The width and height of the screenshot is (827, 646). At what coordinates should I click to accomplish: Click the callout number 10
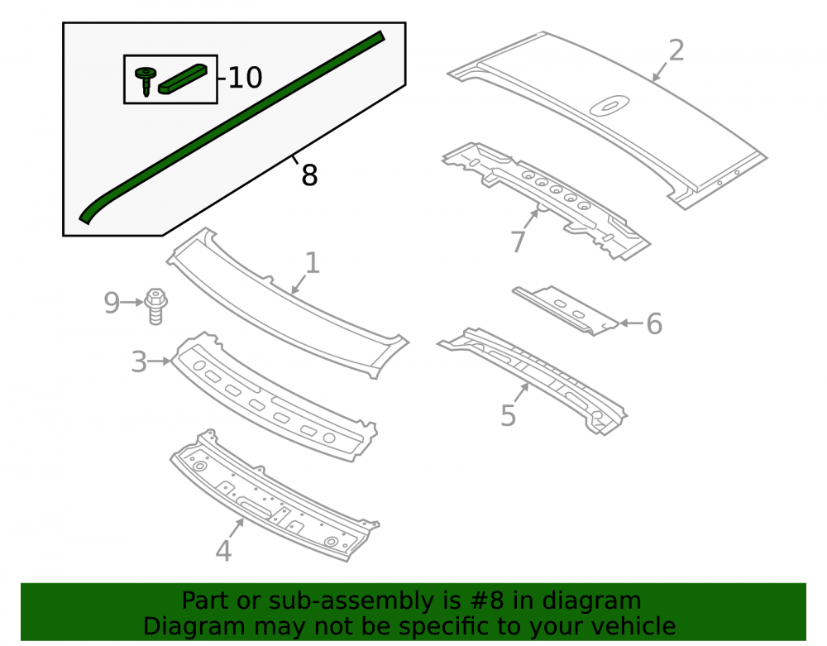(x=246, y=78)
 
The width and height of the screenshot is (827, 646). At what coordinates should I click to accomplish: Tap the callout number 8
(x=309, y=175)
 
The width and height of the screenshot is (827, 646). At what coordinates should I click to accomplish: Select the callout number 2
(x=676, y=50)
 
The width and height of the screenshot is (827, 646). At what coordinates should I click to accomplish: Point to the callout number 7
(x=519, y=242)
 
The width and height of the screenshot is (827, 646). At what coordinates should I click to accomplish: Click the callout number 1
(x=313, y=263)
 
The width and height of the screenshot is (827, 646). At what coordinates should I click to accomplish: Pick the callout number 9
(x=112, y=303)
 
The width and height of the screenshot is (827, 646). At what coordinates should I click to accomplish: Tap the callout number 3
(x=139, y=361)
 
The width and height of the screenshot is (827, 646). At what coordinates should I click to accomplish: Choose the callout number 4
(x=223, y=551)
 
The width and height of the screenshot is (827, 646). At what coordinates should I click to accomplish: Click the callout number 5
(x=508, y=415)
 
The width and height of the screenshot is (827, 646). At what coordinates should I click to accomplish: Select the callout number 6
(x=654, y=323)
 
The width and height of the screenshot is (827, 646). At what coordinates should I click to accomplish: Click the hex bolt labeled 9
(x=155, y=306)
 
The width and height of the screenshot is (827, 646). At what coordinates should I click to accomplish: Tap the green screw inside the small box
(x=146, y=81)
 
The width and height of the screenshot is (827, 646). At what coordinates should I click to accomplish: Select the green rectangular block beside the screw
(x=183, y=79)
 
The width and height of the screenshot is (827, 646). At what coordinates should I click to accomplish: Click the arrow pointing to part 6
(x=631, y=323)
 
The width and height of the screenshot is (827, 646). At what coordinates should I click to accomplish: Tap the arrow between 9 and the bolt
(x=131, y=302)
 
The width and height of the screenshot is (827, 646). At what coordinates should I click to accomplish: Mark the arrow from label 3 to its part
(x=160, y=361)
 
